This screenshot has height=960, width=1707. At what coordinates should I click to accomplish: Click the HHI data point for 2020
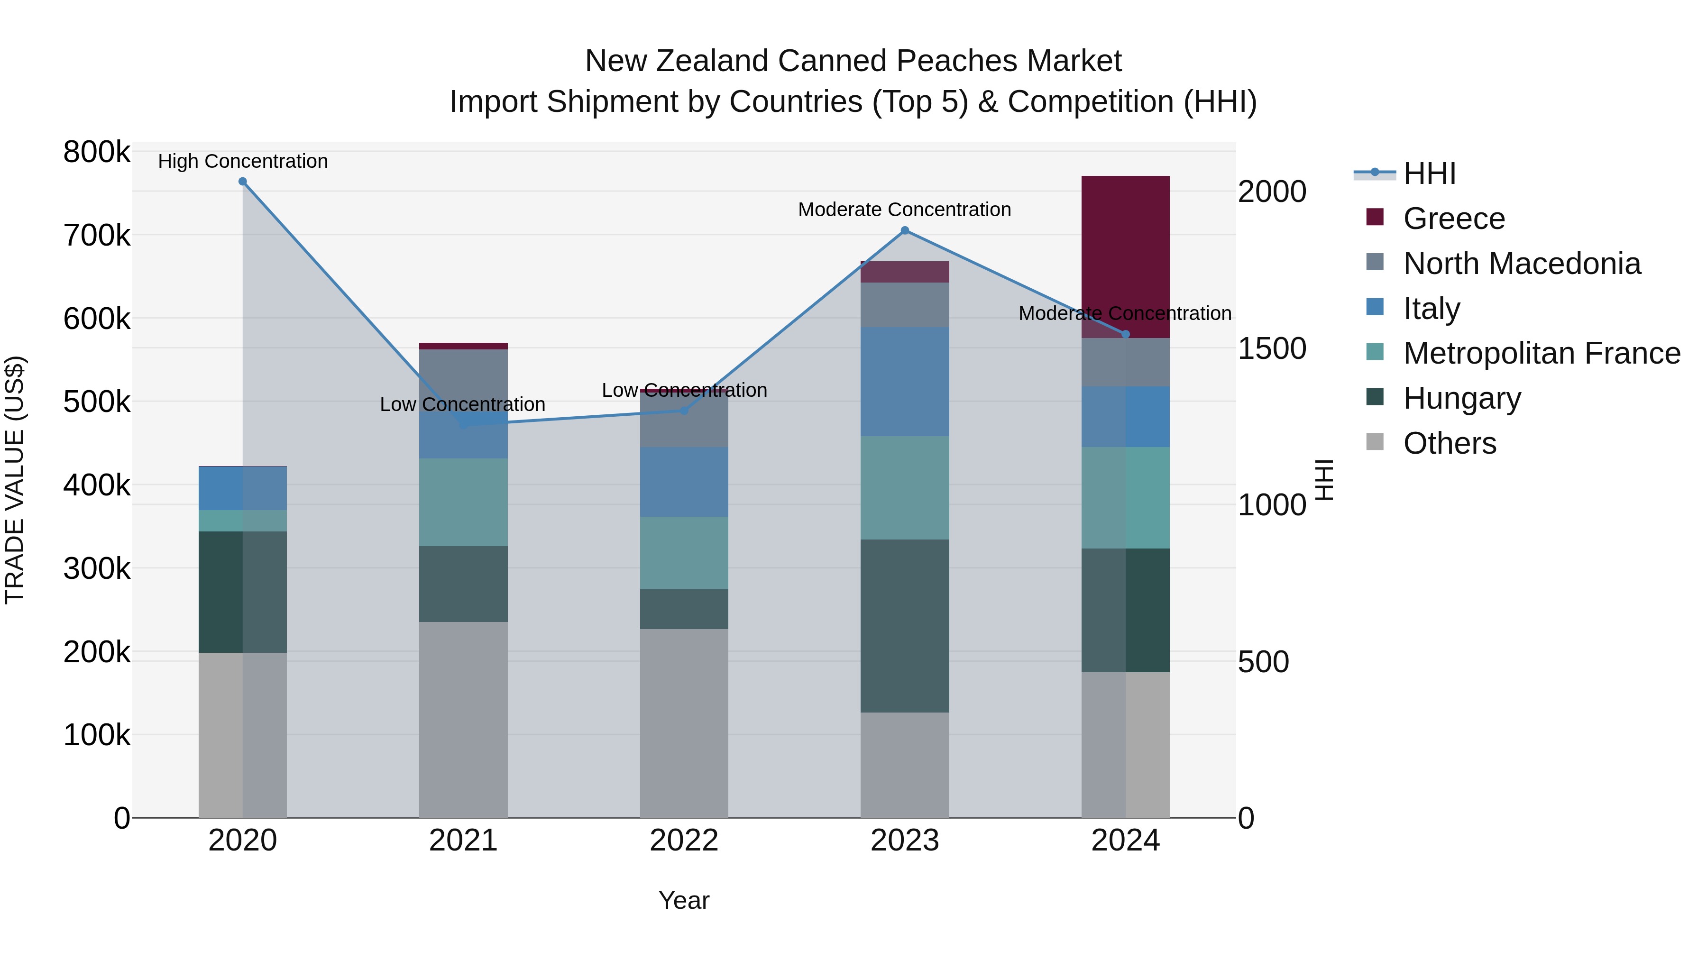tap(242, 182)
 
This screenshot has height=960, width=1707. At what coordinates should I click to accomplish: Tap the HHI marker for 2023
tap(905, 230)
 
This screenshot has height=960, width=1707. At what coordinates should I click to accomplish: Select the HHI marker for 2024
tap(1125, 335)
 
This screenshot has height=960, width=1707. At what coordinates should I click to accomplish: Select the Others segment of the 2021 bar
tap(463, 719)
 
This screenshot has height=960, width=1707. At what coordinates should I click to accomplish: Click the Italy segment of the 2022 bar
tap(684, 482)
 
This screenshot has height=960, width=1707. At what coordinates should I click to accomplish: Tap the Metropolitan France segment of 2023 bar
tap(905, 488)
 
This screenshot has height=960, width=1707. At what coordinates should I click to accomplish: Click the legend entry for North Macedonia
tap(1522, 264)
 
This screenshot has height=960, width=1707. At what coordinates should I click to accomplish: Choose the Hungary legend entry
tap(1462, 398)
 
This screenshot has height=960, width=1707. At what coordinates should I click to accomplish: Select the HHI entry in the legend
tap(1429, 174)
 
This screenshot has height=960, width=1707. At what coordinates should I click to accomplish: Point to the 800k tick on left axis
tap(97, 152)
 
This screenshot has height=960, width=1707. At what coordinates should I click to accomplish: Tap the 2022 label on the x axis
tap(684, 841)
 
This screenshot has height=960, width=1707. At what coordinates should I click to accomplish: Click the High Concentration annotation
tap(242, 161)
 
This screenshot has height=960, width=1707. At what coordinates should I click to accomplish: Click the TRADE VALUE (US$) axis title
tap(15, 480)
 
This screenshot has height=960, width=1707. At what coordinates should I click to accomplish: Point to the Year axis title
tap(684, 900)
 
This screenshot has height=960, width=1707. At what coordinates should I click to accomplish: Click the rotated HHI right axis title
tap(1323, 480)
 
